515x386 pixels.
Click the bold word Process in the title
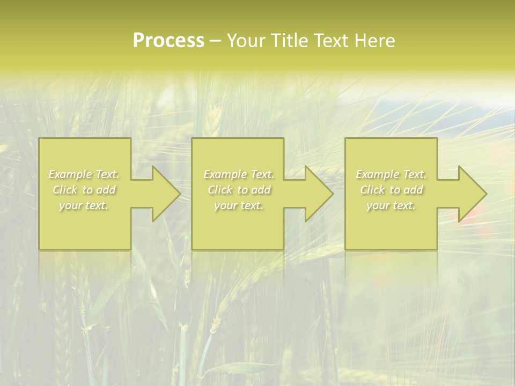click(x=168, y=41)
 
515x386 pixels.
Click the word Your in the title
click(x=246, y=41)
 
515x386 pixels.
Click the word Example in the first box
click(x=70, y=174)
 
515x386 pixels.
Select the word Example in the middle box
click(x=224, y=174)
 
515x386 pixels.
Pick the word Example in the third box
click(x=377, y=174)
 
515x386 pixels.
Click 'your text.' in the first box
click(x=84, y=205)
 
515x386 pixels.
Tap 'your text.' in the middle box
click(x=238, y=205)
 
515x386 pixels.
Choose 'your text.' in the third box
click(x=391, y=205)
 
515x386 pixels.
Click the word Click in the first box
click(x=64, y=190)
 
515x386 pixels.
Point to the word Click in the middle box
click(x=219, y=190)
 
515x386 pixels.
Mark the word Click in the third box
click(x=372, y=190)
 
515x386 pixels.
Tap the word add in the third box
click(x=414, y=190)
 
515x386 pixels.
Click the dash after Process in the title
click(x=216, y=41)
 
